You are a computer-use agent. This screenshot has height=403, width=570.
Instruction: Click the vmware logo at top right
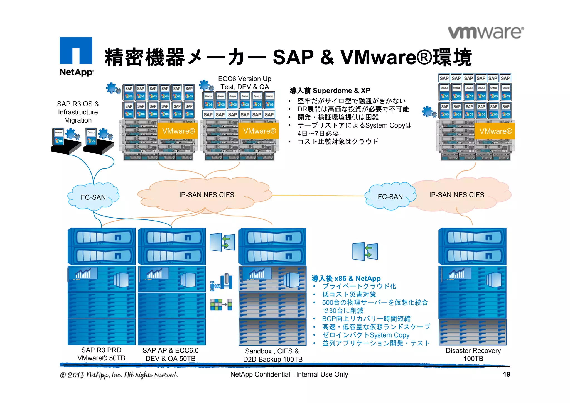point(486,33)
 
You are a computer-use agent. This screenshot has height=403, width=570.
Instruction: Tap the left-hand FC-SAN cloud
point(93,197)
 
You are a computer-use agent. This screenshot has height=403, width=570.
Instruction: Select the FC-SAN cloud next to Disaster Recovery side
point(390,197)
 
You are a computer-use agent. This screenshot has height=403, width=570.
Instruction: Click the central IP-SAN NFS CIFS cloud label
point(207,195)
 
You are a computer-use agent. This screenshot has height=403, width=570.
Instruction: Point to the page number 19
point(506,374)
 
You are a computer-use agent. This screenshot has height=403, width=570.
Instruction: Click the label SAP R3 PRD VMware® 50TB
point(101,354)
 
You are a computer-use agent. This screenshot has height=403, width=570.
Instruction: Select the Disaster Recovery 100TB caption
point(473,354)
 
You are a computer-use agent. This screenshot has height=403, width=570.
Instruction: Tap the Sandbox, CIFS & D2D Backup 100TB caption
point(272,355)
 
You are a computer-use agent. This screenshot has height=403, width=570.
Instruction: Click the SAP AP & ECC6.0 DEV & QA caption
point(171,354)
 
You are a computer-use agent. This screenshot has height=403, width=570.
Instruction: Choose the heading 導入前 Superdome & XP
point(330,91)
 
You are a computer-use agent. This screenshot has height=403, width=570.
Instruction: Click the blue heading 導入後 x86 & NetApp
point(346,278)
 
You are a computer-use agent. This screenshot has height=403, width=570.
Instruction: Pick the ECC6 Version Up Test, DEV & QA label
point(245,83)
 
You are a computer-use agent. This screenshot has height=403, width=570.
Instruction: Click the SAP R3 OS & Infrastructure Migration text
point(78,112)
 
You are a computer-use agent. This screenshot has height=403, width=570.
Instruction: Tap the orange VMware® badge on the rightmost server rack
point(495,131)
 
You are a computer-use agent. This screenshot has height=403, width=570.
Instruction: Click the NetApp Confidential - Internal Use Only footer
point(289,374)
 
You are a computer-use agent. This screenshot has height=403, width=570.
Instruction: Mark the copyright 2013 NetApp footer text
point(119,375)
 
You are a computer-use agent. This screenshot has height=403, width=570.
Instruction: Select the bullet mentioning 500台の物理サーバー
point(375,302)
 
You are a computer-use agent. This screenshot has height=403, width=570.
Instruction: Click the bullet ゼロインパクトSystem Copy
point(366,335)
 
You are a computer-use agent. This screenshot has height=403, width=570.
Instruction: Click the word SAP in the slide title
point(293,57)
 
